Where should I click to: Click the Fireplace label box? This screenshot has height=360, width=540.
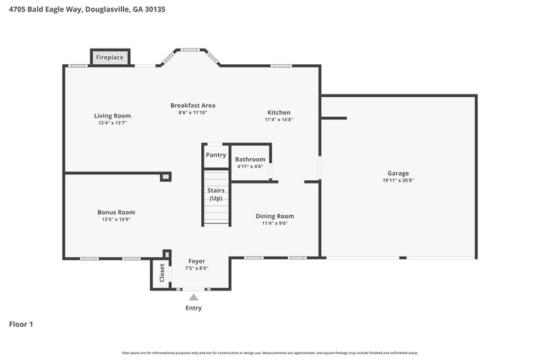tap(110, 58)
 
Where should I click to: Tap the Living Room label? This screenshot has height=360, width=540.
tap(112, 115)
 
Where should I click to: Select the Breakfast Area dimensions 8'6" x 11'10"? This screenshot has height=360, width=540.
tap(192, 113)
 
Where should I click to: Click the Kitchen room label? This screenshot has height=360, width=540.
tap(279, 112)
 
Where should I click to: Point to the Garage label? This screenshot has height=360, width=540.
tap(398, 173)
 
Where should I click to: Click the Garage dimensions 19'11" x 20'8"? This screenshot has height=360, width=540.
tap(398, 180)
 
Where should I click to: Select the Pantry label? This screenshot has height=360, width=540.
tap(216, 155)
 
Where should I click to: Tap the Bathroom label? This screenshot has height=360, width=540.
tap(250, 159)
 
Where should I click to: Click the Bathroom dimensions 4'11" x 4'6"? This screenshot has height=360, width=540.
tap(250, 167)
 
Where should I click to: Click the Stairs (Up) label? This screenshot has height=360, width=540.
tap(216, 195)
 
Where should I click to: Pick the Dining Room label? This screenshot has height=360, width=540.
tap(275, 216)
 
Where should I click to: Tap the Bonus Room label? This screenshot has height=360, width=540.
tap(116, 212)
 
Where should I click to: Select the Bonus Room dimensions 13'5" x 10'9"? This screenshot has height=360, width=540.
tap(116, 220)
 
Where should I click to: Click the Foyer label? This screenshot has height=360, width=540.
tap(196, 261)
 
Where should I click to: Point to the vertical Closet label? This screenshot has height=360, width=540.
tap(162, 273)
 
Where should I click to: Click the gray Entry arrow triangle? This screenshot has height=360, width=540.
tap(194, 297)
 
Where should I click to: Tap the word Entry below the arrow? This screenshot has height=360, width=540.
tap(194, 308)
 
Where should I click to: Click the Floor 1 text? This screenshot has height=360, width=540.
tap(21, 324)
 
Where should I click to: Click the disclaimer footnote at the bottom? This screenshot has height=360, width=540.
tap(269, 353)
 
